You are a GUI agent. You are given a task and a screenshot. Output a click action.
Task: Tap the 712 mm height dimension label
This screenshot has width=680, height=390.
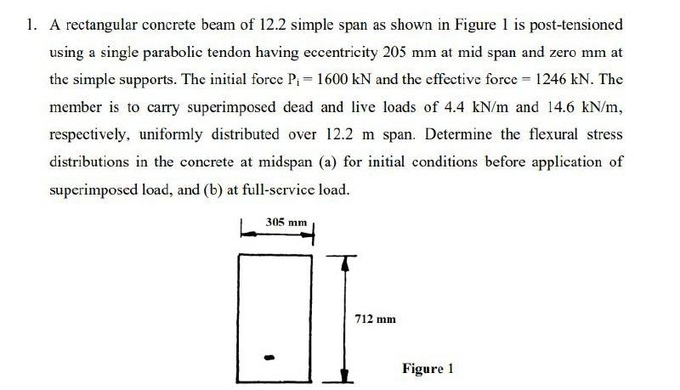tap(375, 319)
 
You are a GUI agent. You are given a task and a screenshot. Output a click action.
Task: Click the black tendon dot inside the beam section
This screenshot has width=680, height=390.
tap(271, 356)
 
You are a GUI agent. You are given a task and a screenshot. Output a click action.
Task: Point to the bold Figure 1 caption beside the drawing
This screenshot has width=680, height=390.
tap(428, 368)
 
